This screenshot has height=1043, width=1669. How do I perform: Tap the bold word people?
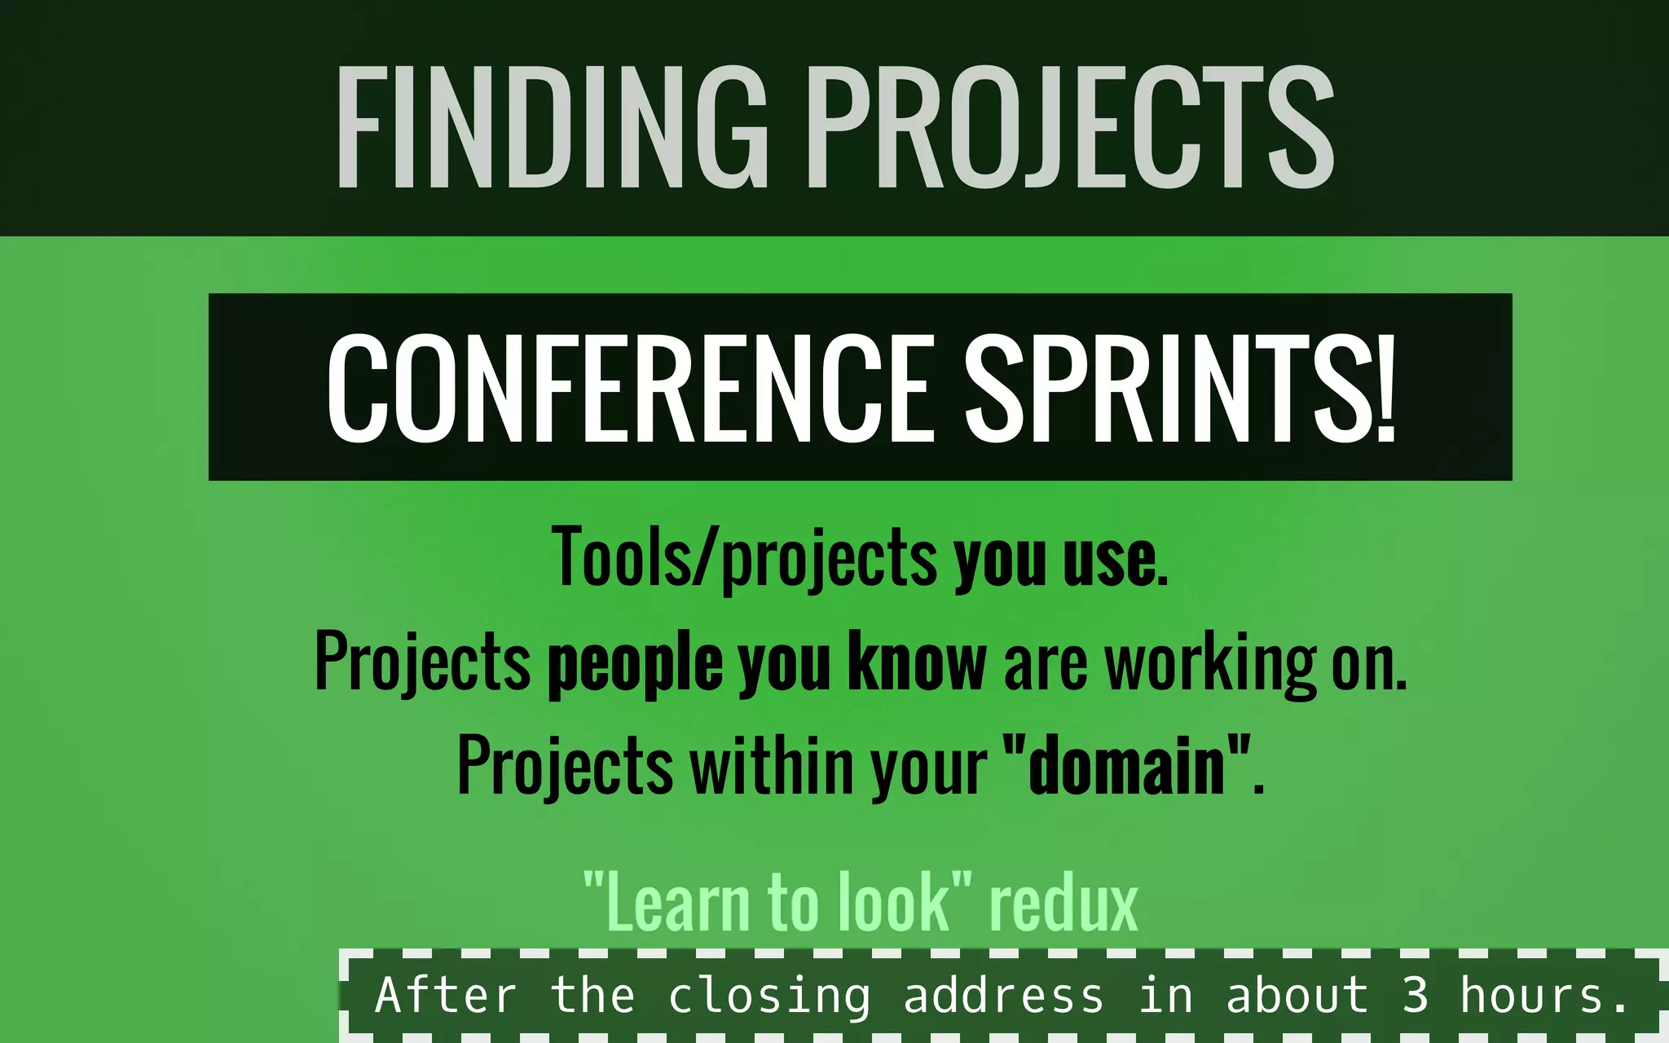coord(635,664)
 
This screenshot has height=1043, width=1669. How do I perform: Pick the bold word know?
coord(917,662)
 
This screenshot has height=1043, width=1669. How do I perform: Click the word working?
coord(1209,664)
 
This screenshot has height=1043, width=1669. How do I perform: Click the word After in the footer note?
coord(446,995)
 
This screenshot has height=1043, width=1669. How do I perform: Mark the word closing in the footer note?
coord(769,997)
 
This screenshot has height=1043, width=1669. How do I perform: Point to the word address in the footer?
coord(1003,995)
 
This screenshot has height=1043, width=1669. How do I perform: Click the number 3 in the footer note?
coord(1416,995)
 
